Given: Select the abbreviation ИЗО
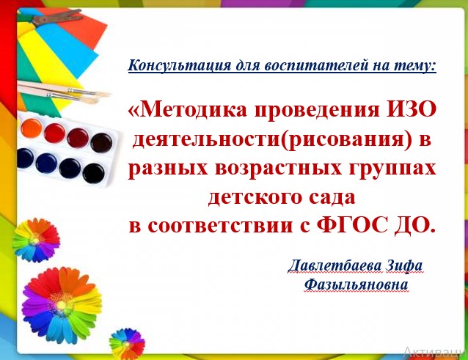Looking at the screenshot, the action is pyautogui.click(x=412, y=109).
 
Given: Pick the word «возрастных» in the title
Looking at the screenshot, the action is pyautogui.click(x=278, y=168).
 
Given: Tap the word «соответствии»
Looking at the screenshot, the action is pyautogui.click(x=220, y=226).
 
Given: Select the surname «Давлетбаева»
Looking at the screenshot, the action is pyautogui.click(x=334, y=265).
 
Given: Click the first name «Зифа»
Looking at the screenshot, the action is pyautogui.click(x=404, y=266).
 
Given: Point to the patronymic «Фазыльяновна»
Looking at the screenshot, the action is pyautogui.click(x=356, y=284).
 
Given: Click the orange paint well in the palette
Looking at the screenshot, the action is pyautogui.click(x=32, y=128).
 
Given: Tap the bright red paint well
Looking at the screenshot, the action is pyautogui.click(x=54, y=133).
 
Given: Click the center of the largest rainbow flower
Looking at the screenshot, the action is pyautogui.click(x=62, y=305).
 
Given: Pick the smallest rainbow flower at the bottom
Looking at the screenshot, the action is pyautogui.click(x=127, y=344).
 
